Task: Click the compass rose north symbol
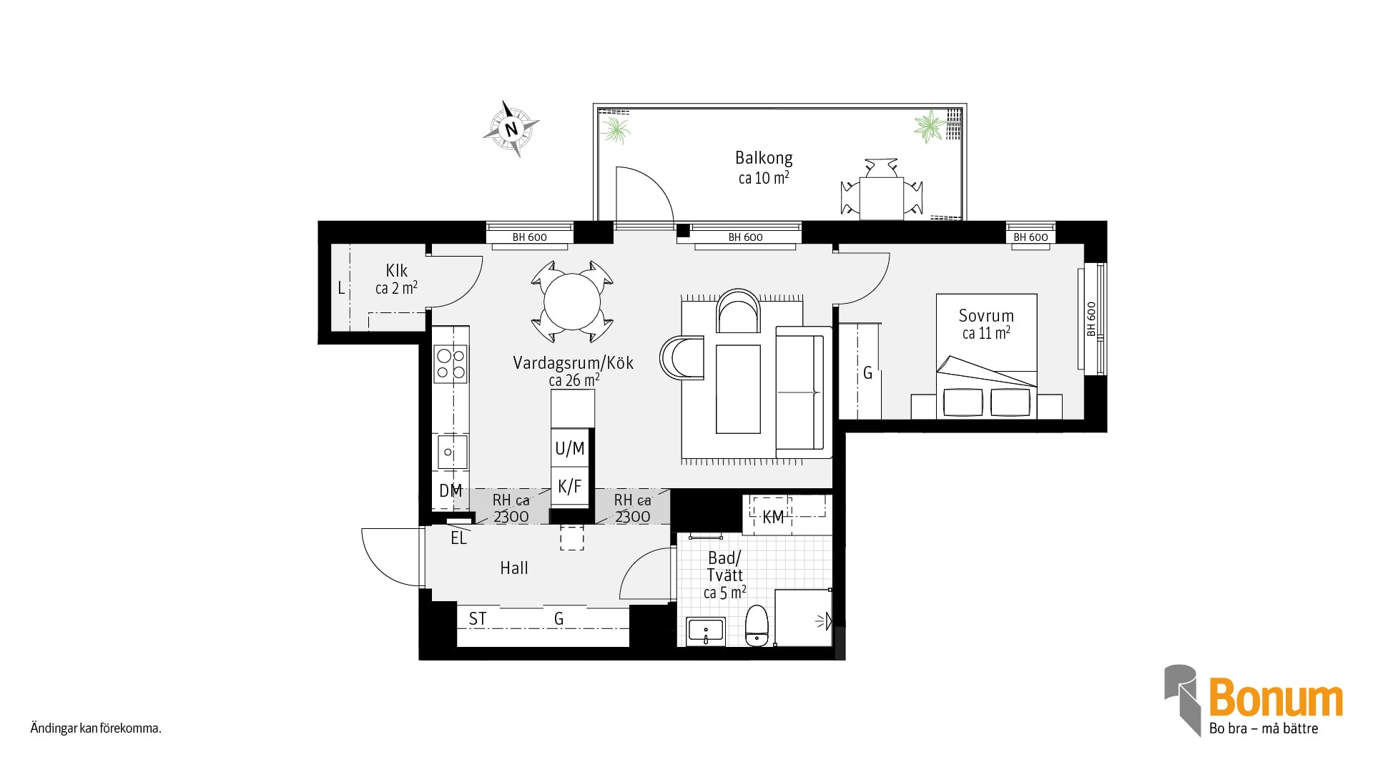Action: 511,129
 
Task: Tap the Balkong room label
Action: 764,158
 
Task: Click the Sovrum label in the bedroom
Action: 986,316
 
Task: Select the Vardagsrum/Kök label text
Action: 574,363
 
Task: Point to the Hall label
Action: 514,568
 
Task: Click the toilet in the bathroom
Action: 757,625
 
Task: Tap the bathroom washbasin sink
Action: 706,632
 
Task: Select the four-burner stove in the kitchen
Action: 451,363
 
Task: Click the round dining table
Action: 572,302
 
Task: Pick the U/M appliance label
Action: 570,449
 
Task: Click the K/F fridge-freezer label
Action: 570,487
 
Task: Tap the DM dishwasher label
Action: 451,491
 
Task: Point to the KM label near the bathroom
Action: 773,518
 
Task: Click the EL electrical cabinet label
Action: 458,539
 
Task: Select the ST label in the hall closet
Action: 478,619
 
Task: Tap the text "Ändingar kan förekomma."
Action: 96,729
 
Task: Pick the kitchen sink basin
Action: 451,452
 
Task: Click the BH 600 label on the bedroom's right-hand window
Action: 1091,320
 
